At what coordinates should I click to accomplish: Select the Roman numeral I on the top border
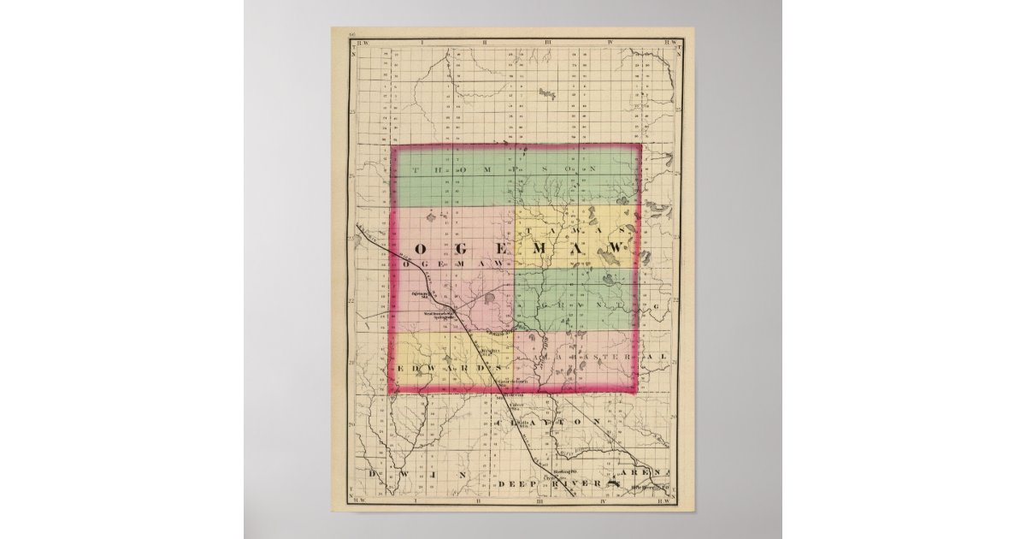423,40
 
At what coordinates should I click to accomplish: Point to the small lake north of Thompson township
547,93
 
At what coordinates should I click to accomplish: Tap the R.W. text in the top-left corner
358,40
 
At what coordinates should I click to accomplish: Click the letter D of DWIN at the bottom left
373,473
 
